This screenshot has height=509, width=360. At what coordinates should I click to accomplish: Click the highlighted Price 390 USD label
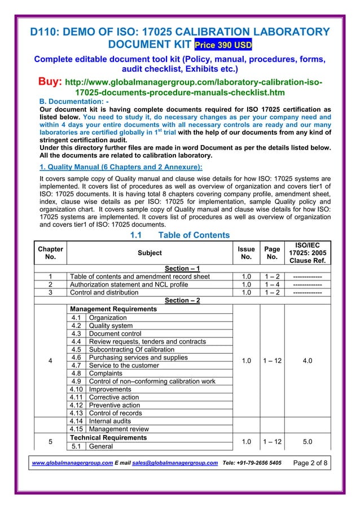click(223, 45)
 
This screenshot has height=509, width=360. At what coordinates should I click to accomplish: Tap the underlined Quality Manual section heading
click(117, 166)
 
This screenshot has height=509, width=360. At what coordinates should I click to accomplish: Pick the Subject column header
click(150, 253)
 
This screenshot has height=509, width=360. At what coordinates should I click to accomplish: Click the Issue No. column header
click(247, 253)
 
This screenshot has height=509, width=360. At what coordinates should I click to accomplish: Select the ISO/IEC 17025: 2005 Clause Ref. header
click(308, 253)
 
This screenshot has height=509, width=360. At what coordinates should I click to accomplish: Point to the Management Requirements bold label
click(113, 309)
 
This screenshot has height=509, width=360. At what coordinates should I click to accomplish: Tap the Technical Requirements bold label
click(108, 437)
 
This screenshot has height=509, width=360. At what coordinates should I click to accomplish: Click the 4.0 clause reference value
click(308, 362)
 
